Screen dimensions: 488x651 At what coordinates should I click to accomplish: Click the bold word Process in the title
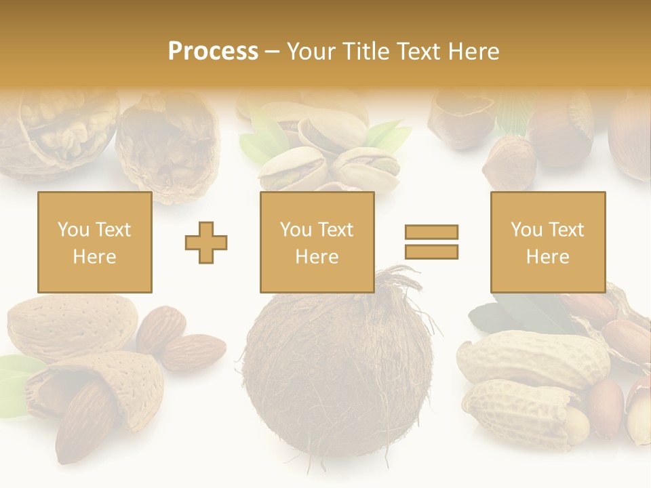pyautogui.click(x=213, y=52)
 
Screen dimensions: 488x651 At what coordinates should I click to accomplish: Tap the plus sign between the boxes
pyautogui.click(x=206, y=242)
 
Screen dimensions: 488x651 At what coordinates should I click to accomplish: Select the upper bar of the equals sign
pyautogui.click(x=431, y=232)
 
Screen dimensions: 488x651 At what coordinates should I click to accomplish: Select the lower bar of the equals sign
pyautogui.click(x=431, y=252)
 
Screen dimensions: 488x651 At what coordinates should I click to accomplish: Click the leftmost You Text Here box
pyautogui.click(x=94, y=242)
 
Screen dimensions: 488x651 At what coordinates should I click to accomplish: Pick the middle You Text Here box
pyautogui.click(x=317, y=242)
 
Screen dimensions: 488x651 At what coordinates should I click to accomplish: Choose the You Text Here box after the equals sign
pyautogui.click(x=547, y=242)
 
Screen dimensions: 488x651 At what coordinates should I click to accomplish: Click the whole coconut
pyautogui.click(x=338, y=373)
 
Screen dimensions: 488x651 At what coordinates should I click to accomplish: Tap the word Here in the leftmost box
pyautogui.click(x=94, y=257)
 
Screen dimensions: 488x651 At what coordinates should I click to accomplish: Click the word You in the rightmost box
pyautogui.click(x=526, y=230)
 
